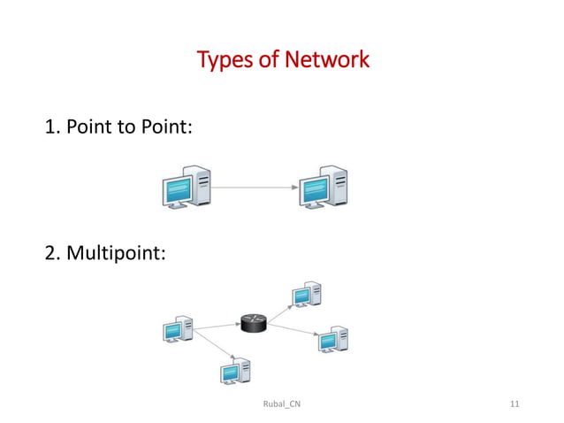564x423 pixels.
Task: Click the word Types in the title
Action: point(223,61)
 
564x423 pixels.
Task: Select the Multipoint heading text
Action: point(115,255)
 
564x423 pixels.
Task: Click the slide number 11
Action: point(515,404)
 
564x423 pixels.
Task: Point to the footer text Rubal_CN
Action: point(281,404)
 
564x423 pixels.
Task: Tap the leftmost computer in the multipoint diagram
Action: point(178,329)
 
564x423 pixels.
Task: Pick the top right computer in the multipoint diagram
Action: point(306,296)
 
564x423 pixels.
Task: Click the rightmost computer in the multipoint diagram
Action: point(332,339)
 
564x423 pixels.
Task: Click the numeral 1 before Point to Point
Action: point(50,128)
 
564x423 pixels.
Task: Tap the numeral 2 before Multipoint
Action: point(50,255)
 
